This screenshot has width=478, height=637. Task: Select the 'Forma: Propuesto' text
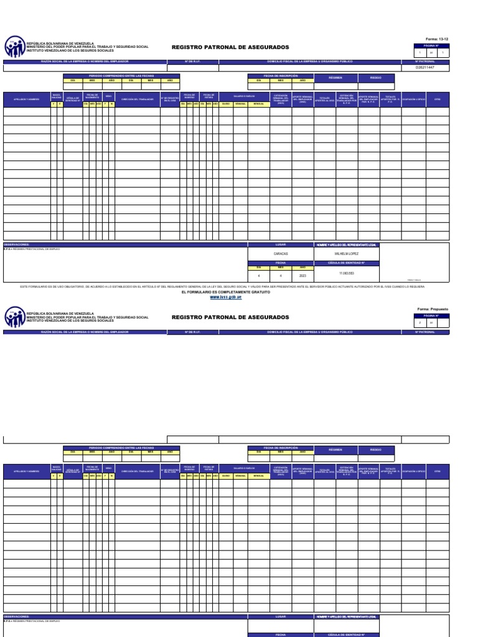tap(433, 309)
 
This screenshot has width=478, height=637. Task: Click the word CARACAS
tap(281, 254)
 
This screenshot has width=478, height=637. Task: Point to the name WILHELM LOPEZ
tap(347, 254)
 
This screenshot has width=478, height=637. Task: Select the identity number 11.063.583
tap(347, 274)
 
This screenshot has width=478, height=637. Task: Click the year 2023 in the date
tap(302, 274)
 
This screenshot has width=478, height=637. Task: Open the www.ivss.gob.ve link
tap(226, 297)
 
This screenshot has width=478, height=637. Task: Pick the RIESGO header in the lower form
tap(376, 449)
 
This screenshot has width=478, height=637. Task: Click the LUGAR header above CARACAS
tap(281, 245)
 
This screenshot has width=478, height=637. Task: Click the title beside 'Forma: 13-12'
tap(230, 47)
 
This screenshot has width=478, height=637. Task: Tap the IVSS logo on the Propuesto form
tap(14, 317)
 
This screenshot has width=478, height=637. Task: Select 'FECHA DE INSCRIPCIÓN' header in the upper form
tap(281, 75)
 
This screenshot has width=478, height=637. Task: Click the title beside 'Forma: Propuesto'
tap(230, 317)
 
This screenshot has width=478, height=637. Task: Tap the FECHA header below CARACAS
tap(281, 263)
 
